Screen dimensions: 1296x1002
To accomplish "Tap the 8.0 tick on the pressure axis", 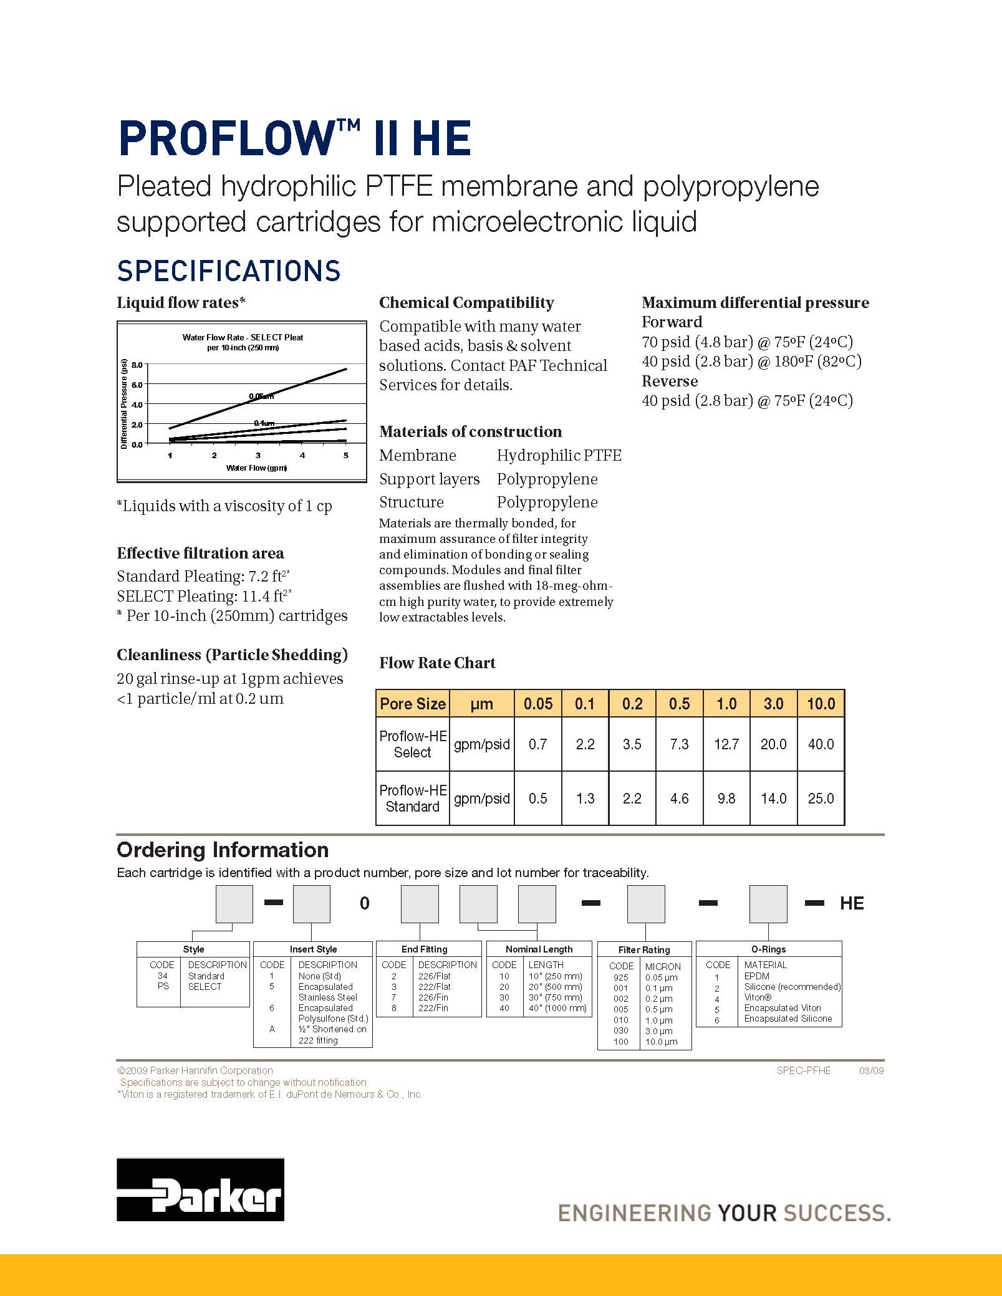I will tap(137, 365).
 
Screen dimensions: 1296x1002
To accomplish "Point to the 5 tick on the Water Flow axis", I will tap(346, 456).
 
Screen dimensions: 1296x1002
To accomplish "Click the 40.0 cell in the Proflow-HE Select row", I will tap(821, 744).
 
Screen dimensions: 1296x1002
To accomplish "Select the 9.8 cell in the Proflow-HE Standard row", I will tap(726, 799).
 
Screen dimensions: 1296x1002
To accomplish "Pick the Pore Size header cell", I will tap(413, 704).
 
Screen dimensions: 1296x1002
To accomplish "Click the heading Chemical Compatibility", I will tap(466, 303).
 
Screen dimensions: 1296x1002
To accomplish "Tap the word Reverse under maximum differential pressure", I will tap(670, 381).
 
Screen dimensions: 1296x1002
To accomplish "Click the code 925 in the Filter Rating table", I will tap(621, 977).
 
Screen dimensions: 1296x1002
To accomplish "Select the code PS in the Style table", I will tap(163, 986).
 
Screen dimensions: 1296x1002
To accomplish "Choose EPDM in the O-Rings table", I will tap(756, 976).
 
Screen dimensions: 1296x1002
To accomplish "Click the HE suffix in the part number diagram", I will tap(852, 904).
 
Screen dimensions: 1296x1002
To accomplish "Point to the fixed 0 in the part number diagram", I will tap(365, 904).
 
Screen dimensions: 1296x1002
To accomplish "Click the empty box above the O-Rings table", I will tap(768, 904).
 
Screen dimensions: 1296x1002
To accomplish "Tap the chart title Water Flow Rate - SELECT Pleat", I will tap(243, 337).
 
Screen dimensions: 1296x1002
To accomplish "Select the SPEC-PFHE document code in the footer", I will tap(804, 1070).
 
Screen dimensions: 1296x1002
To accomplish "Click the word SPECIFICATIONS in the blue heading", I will tap(229, 271).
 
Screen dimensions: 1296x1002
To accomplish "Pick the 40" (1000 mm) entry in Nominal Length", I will tap(557, 1008).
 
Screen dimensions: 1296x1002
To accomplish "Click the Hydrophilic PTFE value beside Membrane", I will tap(559, 456).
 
